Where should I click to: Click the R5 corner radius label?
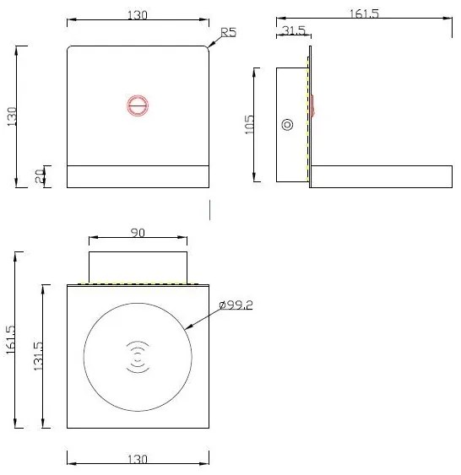(x=228, y=33)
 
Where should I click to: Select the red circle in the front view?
(x=138, y=105)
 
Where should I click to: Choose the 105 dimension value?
(x=249, y=125)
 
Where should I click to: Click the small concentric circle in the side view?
(x=287, y=125)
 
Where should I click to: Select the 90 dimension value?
(x=138, y=232)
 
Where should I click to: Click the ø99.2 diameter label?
(x=235, y=305)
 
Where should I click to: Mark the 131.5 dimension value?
(x=38, y=357)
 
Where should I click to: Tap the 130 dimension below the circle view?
(x=138, y=459)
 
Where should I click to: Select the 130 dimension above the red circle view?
(x=138, y=14)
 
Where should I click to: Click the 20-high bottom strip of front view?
(x=138, y=176)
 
